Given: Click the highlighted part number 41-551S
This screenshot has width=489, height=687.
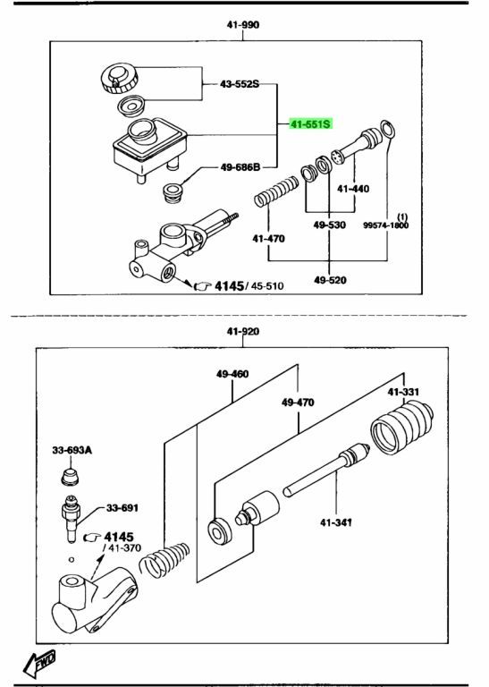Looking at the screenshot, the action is (311, 124).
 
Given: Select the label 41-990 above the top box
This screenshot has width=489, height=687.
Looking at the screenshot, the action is (243, 25).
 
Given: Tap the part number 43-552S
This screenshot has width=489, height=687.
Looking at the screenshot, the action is (240, 84).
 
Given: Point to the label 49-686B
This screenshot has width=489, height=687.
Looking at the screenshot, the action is (240, 167).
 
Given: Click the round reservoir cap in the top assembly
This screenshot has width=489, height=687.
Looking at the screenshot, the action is (119, 79).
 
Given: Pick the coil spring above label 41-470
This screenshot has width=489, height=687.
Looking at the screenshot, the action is (276, 191).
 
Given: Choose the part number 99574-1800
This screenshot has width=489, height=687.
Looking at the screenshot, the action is (385, 225).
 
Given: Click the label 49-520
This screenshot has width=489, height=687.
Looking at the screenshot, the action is (330, 279).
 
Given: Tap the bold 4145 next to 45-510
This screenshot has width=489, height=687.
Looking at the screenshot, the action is (229, 286).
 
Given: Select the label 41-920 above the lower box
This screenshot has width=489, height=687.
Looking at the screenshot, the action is (243, 332).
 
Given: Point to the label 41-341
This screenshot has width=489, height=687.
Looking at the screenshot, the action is (336, 522).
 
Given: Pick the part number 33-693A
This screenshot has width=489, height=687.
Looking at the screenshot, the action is (72, 450).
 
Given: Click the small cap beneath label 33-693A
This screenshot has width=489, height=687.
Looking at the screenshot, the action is (70, 477).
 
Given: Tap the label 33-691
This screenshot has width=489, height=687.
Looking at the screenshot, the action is (122, 508).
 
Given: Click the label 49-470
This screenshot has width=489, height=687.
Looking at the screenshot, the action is (298, 402).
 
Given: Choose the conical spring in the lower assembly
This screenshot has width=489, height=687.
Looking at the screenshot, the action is (164, 560).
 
